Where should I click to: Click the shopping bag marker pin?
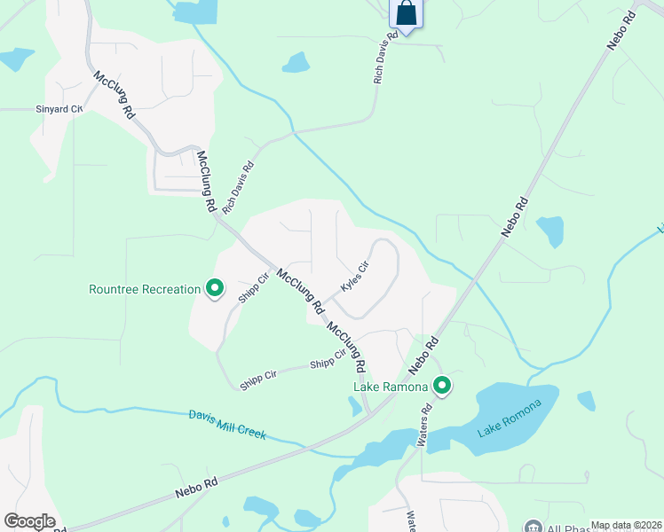406,14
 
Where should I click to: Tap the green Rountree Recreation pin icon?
214,288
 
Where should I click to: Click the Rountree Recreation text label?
145,289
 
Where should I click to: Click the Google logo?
29,520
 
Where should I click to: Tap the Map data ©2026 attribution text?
626,525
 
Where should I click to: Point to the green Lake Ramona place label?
391,387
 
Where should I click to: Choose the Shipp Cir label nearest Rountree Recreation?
253,286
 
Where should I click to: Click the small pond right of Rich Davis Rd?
296,63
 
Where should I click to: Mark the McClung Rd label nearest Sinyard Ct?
115,96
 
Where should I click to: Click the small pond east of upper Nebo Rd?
550,231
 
